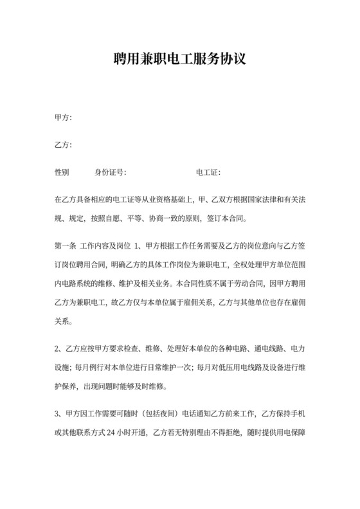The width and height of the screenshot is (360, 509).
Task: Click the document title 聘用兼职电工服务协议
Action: coord(179,60)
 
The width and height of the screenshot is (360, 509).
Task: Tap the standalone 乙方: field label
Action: coord(63,145)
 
